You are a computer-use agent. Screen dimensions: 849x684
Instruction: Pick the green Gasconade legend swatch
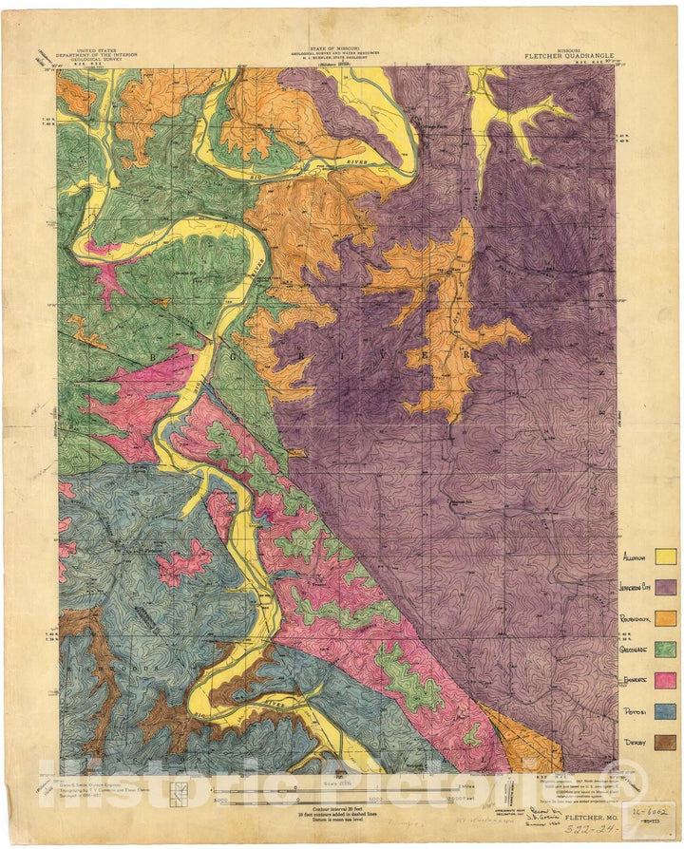[665, 649]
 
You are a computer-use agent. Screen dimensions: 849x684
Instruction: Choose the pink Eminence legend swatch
[665, 680]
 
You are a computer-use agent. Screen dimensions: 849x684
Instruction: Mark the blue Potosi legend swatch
[665, 710]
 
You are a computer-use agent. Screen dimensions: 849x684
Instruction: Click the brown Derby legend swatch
[665, 742]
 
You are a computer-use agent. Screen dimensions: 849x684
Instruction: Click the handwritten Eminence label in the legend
[634, 679]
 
